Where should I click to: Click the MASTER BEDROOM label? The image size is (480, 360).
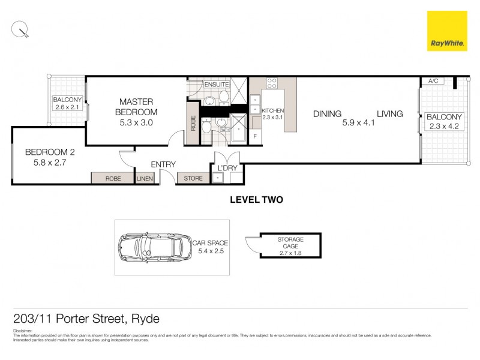(137, 107)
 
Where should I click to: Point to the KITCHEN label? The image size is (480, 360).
(272, 111)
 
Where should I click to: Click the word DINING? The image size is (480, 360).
(327, 113)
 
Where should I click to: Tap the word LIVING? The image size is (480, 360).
(390, 113)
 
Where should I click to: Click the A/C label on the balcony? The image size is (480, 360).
(432, 82)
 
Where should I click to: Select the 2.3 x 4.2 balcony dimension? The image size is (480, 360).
(443, 127)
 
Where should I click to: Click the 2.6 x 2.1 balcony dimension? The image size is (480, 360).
(67, 107)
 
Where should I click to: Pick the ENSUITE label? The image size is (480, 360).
(216, 85)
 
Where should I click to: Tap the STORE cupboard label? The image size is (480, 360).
(193, 178)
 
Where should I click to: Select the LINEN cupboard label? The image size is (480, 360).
(145, 178)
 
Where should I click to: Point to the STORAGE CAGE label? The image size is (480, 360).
(290, 242)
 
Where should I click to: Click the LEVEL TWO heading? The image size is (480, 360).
(256, 200)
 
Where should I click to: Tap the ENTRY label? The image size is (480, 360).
(163, 164)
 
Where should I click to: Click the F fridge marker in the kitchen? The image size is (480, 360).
(255, 136)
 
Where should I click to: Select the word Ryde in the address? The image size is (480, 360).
(145, 319)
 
